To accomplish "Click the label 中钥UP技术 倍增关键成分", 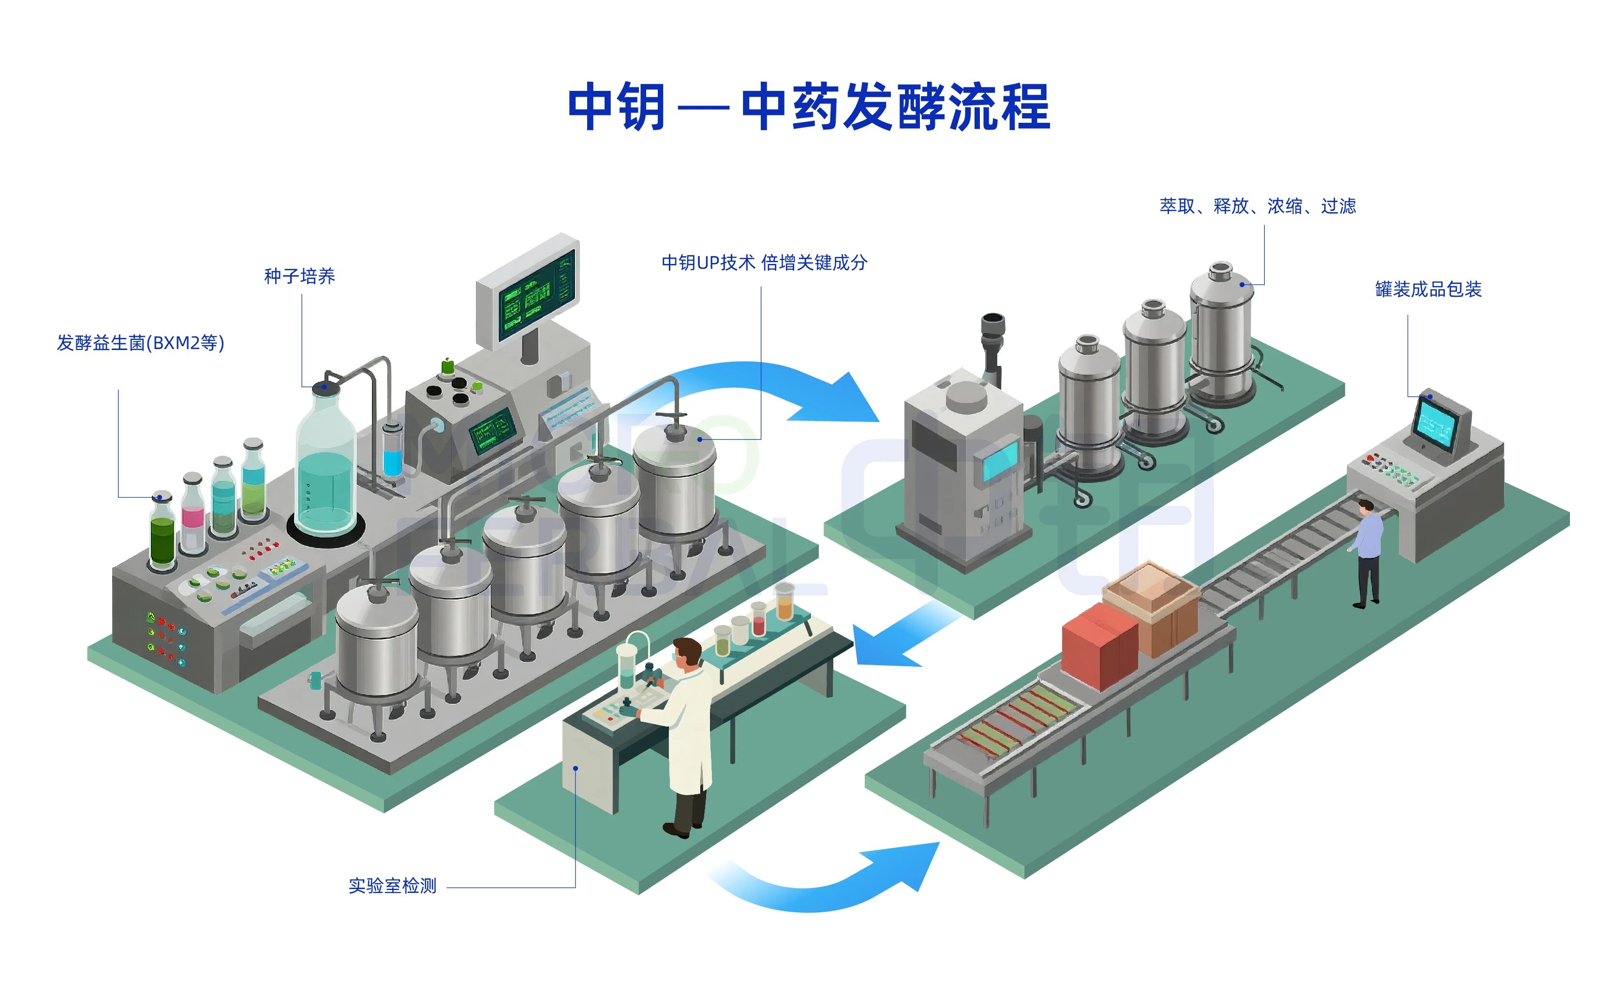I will tap(764, 263).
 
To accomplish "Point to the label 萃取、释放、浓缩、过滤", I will tap(1257, 206).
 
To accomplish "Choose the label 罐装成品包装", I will tap(1428, 289).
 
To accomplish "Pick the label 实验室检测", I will tap(392, 886).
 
